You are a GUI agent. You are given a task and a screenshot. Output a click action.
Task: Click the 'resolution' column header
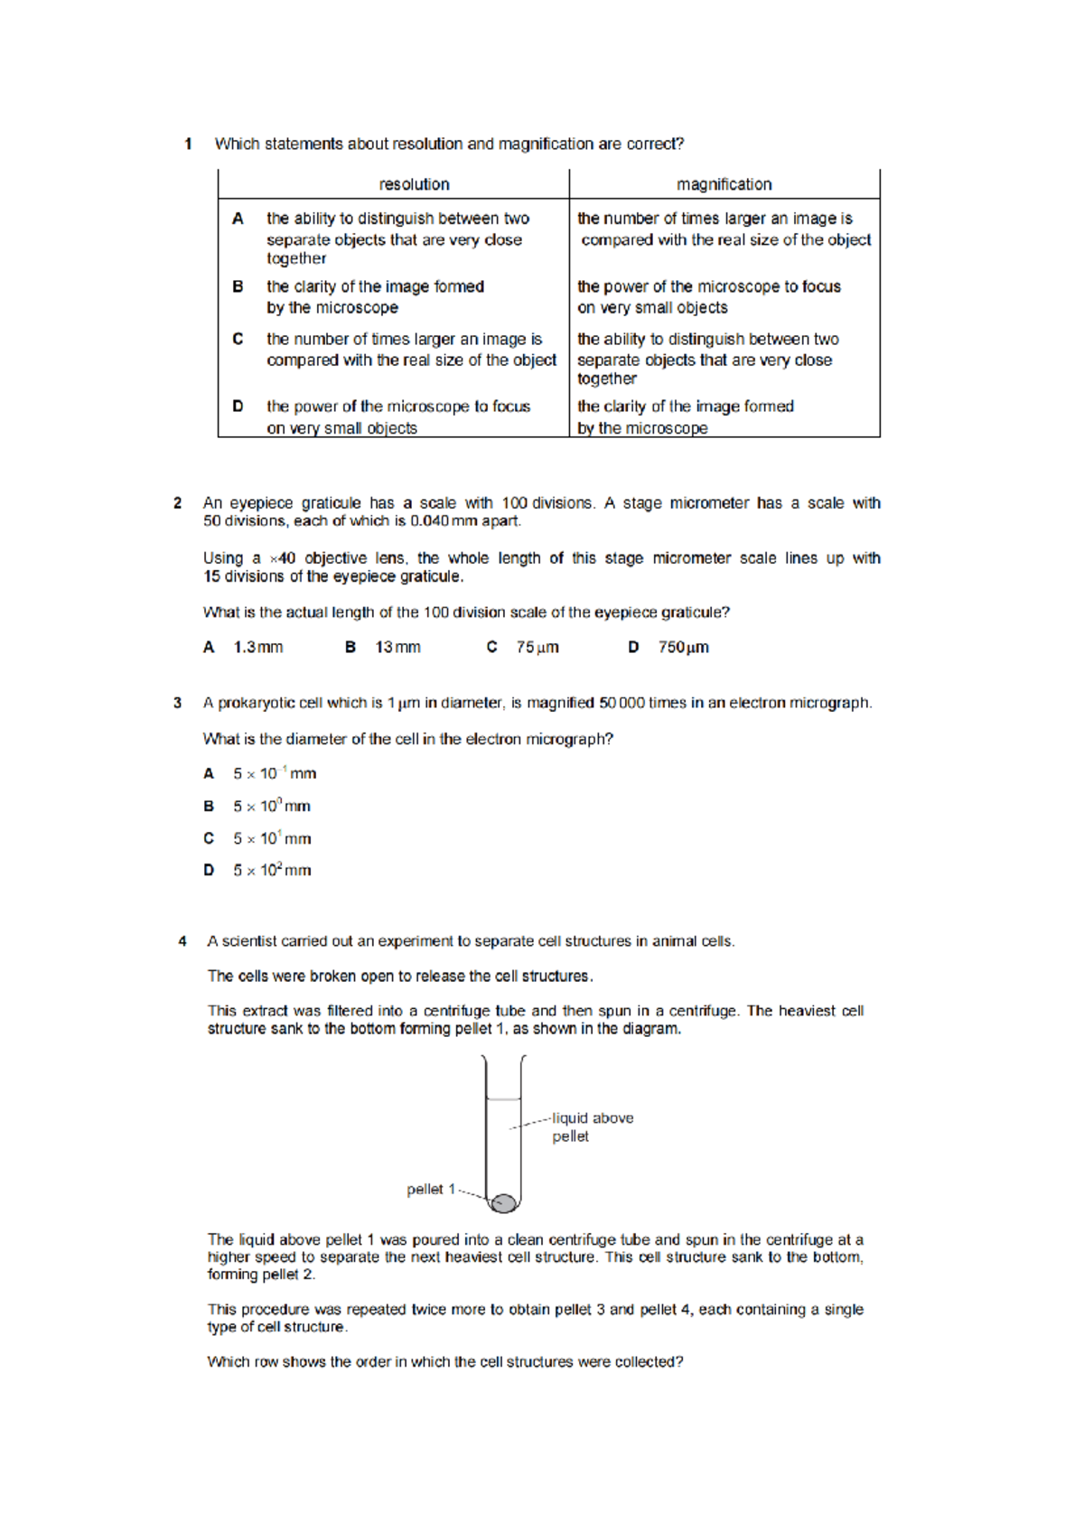pos(414,184)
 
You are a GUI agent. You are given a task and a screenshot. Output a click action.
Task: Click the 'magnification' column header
pos(724,184)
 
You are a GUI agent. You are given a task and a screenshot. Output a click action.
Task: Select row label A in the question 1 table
pos(238,219)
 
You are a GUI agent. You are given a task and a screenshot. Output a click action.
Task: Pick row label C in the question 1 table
pos(238,339)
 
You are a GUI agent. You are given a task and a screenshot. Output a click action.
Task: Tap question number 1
pos(188,144)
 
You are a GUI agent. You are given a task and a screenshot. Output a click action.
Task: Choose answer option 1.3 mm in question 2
pos(257,648)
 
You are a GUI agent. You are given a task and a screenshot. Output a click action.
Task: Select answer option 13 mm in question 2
pos(397,648)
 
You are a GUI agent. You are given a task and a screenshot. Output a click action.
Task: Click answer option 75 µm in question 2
pos(537,648)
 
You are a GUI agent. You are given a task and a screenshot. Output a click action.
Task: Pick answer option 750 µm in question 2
pos(683,648)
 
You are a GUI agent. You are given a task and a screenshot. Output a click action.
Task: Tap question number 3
pos(177,703)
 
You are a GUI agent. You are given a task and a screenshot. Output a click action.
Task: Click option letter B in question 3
pos(209,807)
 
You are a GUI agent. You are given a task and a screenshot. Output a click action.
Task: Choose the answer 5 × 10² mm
pos(272,871)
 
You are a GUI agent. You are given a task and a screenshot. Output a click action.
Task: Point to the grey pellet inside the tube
pos(503,1202)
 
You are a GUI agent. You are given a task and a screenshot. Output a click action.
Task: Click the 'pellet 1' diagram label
pos(431,1190)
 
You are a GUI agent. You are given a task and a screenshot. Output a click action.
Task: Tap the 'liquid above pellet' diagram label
pos(592,1126)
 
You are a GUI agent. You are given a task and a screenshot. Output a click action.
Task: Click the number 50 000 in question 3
pos(621,703)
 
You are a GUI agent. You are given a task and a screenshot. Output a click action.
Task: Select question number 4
pos(182,941)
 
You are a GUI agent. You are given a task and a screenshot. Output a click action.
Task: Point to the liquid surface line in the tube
pos(503,1099)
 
